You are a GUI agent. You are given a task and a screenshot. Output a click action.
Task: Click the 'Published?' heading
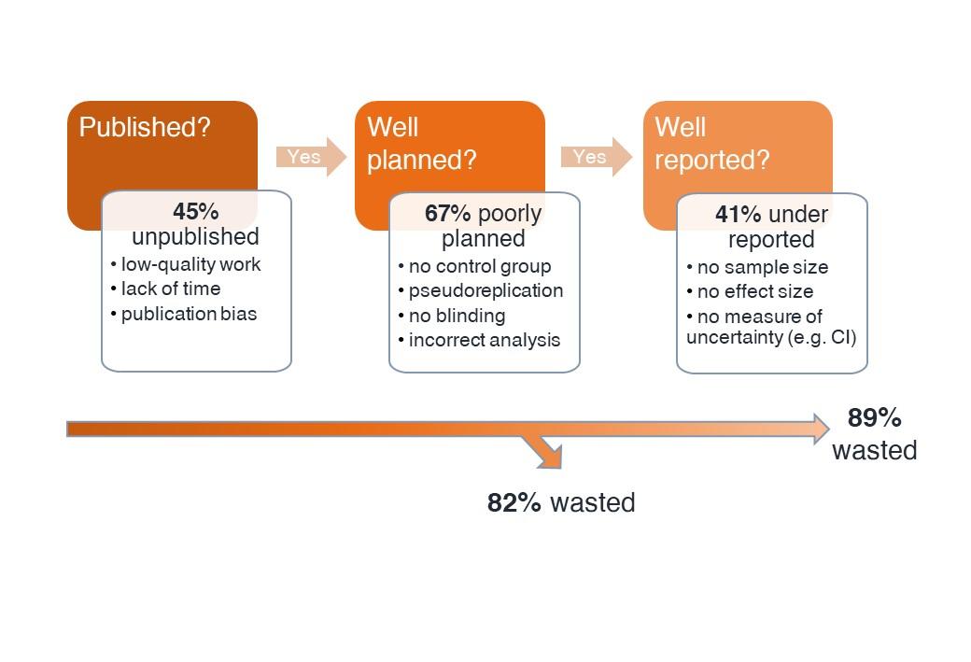tap(145, 127)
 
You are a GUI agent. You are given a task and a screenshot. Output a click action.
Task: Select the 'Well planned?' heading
tap(421, 144)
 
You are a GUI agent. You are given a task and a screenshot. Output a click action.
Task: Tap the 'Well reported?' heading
tap(711, 144)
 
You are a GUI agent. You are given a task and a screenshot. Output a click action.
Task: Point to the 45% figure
tap(195, 212)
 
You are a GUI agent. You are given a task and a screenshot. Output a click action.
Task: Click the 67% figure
tap(447, 214)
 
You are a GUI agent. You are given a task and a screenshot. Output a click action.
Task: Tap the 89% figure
tap(874, 417)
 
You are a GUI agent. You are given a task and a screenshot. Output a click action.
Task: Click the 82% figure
tap(514, 502)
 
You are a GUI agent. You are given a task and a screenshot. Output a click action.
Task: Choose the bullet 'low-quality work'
tap(190, 264)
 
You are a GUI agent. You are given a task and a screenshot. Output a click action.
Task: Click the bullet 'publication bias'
tap(189, 314)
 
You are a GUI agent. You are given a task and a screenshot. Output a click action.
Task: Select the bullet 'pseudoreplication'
tap(485, 290)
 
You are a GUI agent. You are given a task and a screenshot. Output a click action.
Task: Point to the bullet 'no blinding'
tap(457, 316)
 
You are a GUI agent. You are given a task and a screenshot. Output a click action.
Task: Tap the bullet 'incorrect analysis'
tap(484, 340)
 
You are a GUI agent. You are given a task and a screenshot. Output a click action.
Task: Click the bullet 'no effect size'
tap(754, 291)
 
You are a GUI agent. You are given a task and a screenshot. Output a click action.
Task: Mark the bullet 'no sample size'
tap(762, 267)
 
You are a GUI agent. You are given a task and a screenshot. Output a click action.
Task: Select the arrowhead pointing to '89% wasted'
tap(820, 429)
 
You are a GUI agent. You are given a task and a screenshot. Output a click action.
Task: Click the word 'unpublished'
tap(195, 236)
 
